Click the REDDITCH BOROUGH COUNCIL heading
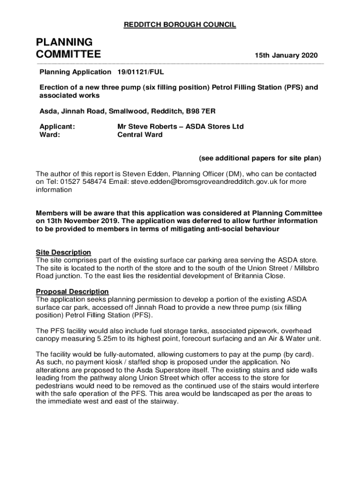pos(180,25)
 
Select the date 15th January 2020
pos(286,56)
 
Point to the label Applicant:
pos(57,127)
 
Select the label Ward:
pos(49,135)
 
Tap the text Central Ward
pos(140,135)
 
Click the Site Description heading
pos(64,253)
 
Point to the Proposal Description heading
pos(72,291)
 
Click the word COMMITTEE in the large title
pos(68,55)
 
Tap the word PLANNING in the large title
pos(64,42)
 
